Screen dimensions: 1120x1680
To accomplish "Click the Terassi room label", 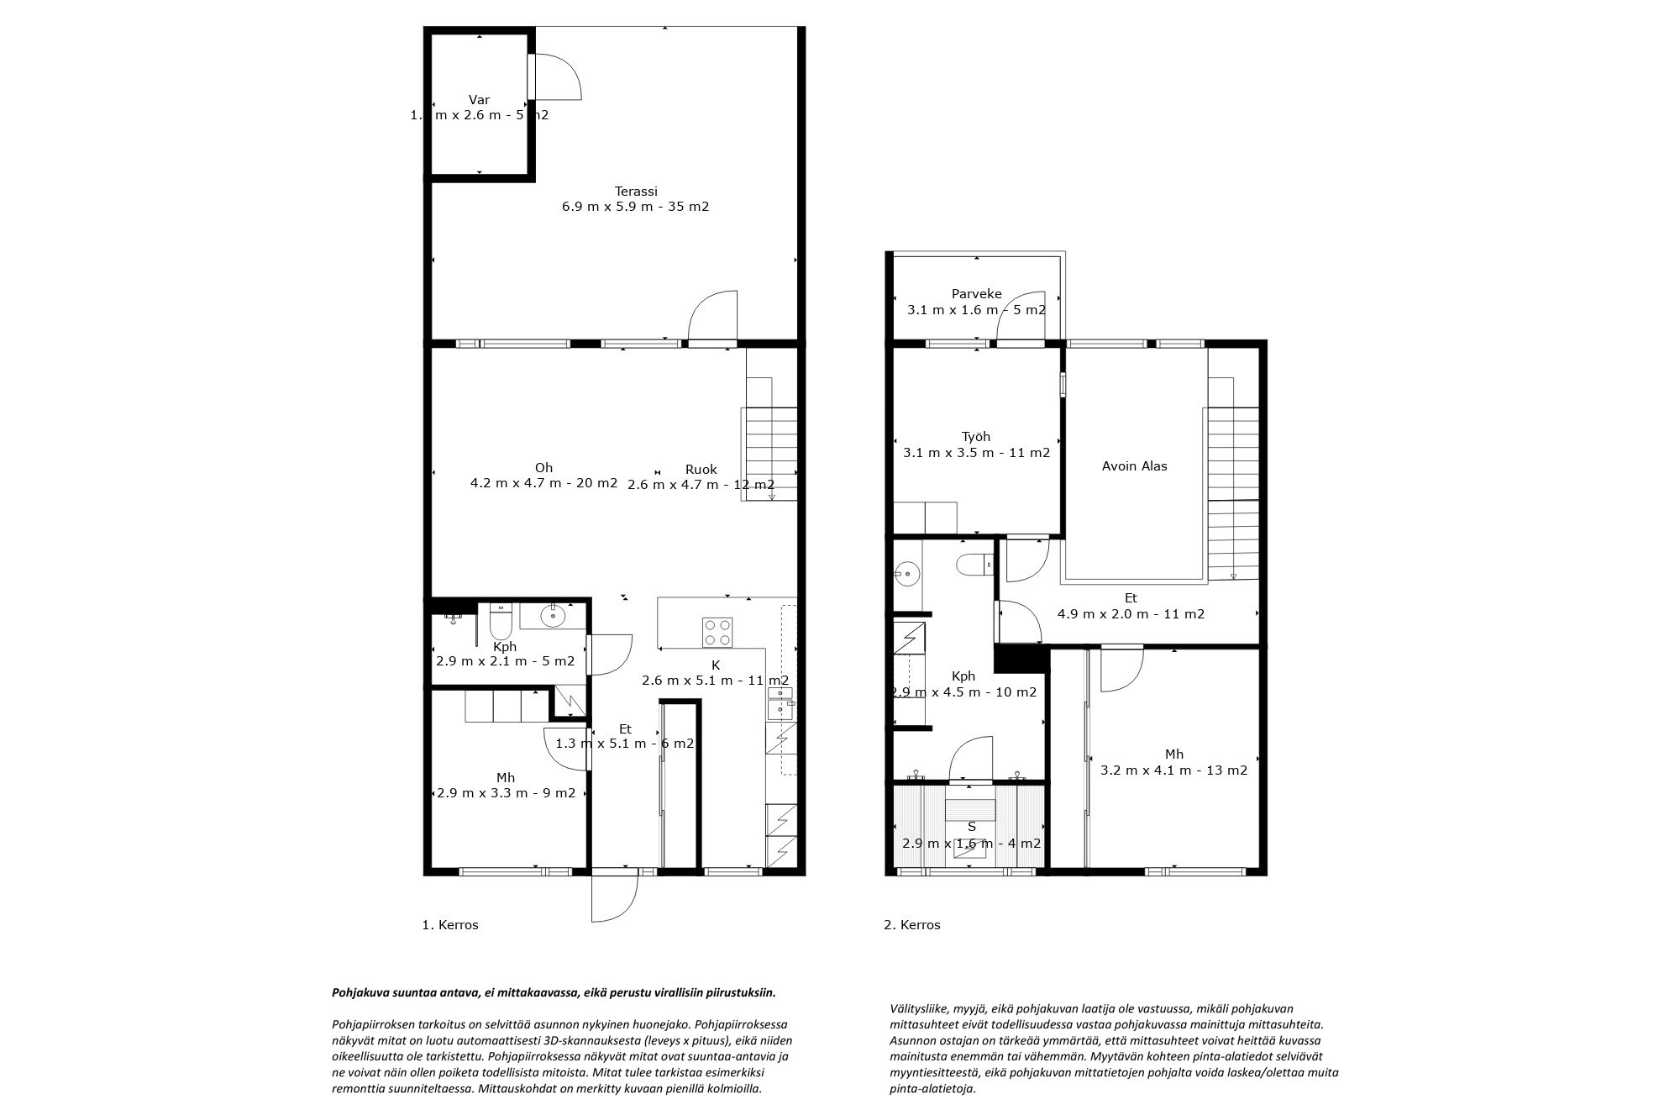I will click(635, 192).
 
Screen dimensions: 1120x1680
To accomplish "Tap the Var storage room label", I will click(479, 100).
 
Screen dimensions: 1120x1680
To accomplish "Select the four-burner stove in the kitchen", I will click(717, 631).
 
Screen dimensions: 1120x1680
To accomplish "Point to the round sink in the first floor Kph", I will click(554, 617).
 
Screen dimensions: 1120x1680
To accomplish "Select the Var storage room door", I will click(554, 76).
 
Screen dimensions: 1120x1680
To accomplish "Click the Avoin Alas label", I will click(1134, 466).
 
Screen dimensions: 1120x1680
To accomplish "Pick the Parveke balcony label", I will click(976, 294).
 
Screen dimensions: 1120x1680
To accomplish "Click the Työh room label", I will click(976, 437).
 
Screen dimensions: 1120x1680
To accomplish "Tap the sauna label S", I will click(971, 827).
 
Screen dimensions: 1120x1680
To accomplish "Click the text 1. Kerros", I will click(450, 925).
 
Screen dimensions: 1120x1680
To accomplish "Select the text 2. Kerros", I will click(912, 925).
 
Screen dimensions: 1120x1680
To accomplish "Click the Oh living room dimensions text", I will click(543, 483).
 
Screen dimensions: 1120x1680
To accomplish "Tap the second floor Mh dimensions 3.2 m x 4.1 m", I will click(1173, 770).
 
